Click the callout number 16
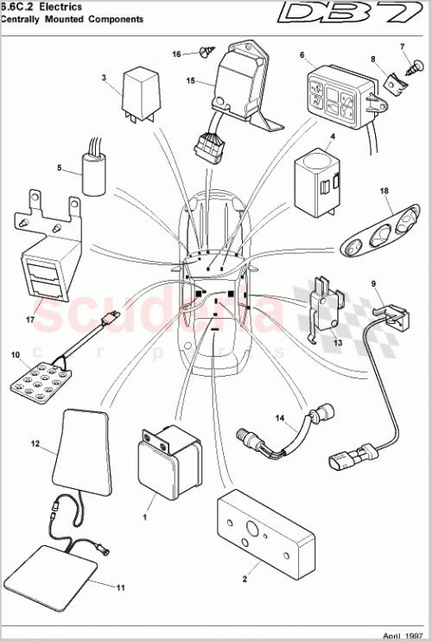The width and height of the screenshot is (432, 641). (176, 54)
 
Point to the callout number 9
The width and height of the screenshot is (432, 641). (374, 282)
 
